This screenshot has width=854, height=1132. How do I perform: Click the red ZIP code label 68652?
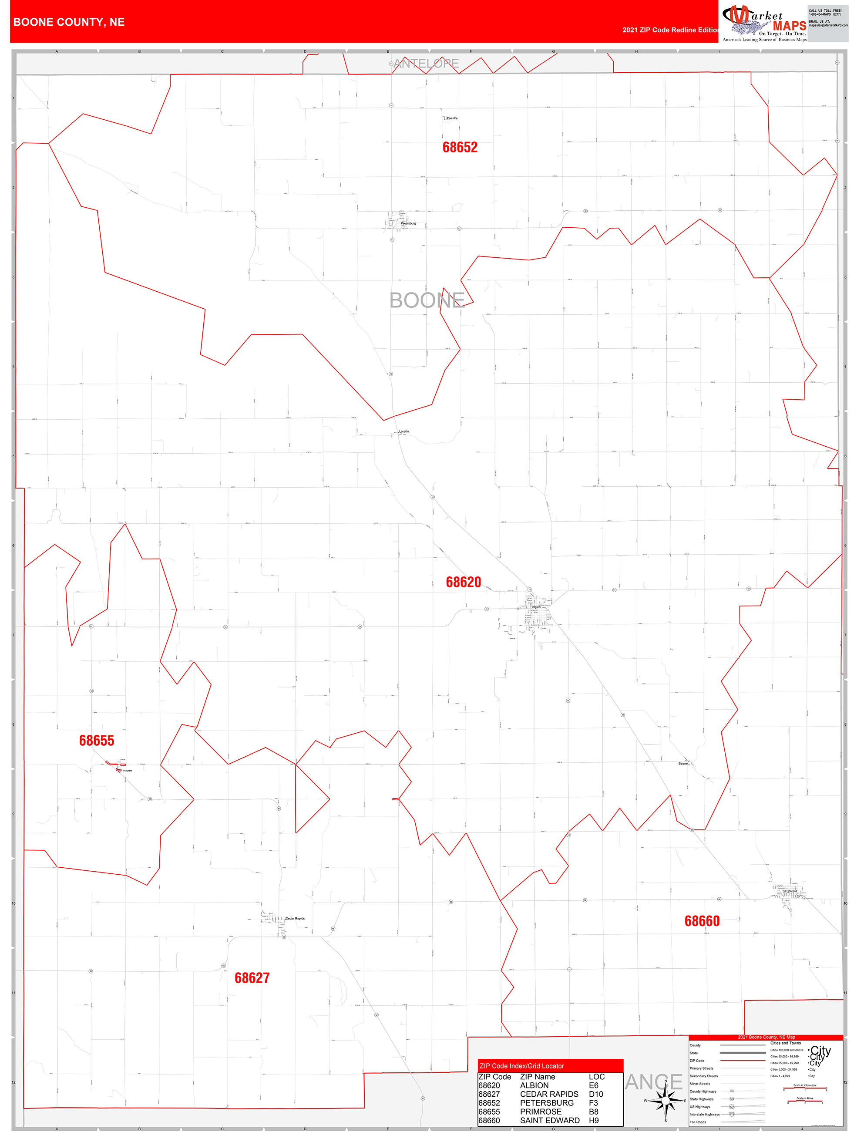tap(460, 148)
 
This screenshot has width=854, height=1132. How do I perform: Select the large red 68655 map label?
tap(96, 741)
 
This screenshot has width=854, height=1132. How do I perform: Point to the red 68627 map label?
tap(252, 978)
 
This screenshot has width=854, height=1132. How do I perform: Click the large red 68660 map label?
tap(702, 921)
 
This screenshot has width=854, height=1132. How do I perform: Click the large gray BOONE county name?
tap(427, 300)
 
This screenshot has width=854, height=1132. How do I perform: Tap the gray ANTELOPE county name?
tap(426, 64)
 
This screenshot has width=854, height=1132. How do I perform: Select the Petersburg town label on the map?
tap(408, 224)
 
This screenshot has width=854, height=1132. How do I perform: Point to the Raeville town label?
tap(452, 118)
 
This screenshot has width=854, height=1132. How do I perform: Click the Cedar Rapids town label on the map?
tap(295, 919)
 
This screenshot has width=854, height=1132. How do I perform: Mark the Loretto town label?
tap(404, 431)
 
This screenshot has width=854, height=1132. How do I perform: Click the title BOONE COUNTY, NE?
tap(69, 22)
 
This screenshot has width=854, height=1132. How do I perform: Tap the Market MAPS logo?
tap(764, 23)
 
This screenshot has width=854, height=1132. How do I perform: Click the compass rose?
tap(665, 1100)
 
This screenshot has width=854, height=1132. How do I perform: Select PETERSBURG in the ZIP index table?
tap(546, 1103)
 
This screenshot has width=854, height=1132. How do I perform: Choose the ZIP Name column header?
tap(537, 1077)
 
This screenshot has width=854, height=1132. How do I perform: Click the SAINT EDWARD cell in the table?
tap(550, 1120)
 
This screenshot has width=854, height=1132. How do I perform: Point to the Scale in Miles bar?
tap(805, 1101)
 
